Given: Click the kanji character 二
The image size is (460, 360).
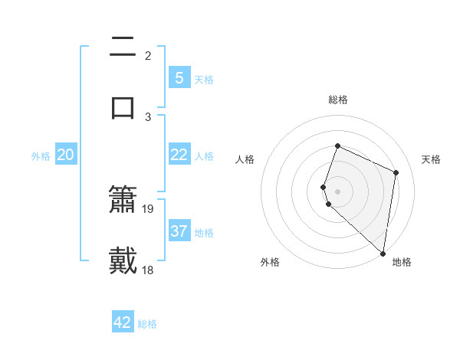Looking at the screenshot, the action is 123,47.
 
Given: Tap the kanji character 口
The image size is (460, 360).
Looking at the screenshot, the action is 123,107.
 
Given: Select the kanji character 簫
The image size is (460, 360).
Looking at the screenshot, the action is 123,200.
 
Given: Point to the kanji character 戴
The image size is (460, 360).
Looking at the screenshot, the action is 123,260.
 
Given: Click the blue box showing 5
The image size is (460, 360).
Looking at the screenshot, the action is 179,77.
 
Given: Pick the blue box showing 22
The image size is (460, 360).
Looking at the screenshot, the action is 179,155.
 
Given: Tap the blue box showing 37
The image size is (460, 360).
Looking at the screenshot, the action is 179,231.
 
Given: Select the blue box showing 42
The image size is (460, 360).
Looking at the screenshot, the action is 123,322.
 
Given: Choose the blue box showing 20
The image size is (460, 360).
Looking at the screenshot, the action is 65,155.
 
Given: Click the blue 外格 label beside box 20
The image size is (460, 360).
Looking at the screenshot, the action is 41,156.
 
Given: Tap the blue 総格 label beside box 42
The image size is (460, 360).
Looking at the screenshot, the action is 147,324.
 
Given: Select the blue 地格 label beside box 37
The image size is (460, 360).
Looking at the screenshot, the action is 204,232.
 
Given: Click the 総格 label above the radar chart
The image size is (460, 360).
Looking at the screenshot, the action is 337,100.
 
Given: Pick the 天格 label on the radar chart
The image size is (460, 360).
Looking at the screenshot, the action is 431,159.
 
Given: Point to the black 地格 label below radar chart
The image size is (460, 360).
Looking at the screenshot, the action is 402,262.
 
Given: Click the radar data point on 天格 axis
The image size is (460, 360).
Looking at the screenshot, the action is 396,172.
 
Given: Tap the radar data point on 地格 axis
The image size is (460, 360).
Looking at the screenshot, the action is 383,253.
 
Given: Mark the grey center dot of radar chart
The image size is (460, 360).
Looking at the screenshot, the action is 337,191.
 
